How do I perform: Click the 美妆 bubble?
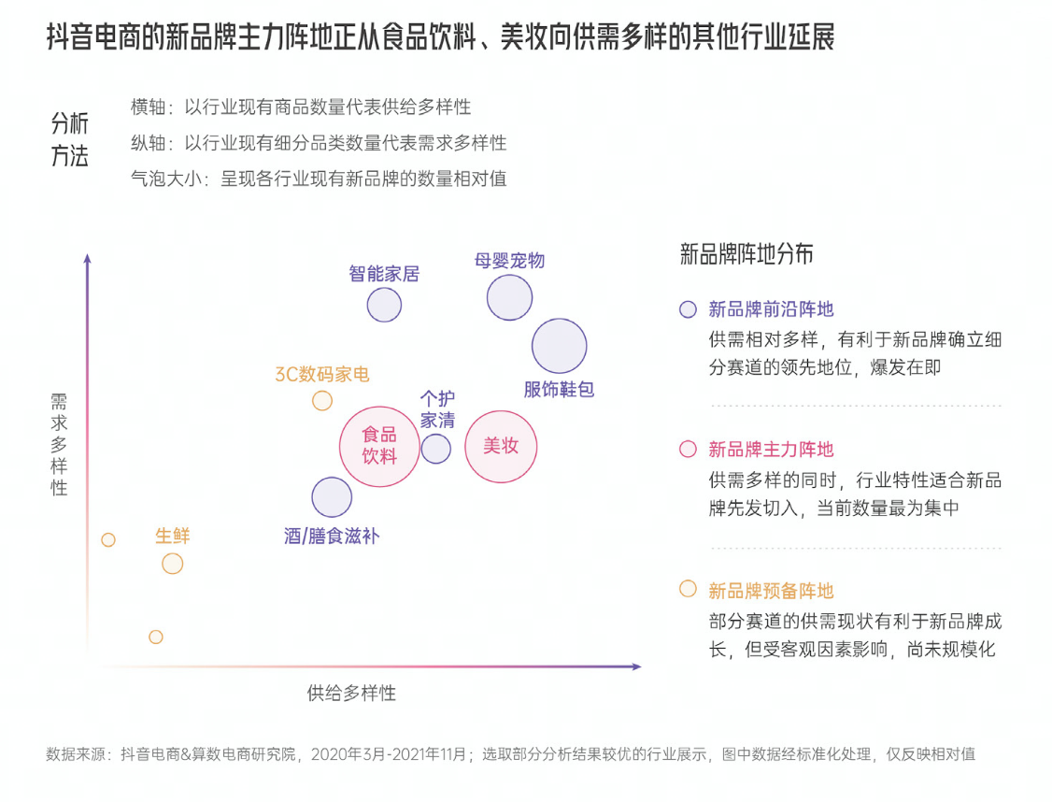coord(501,446)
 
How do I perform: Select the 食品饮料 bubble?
coord(379,446)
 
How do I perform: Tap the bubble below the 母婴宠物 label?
coord(509,297)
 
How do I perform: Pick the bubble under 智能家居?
coord(384,305)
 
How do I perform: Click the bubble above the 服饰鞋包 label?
coord(559,346)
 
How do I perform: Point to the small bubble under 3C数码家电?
coord(322,401)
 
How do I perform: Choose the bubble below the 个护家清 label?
coord(436,449)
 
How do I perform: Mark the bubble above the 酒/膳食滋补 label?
coord(332,497)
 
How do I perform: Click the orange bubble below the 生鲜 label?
coord(173,564)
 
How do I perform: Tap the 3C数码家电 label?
coord(322,374)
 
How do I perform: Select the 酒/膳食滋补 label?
coord(332,536)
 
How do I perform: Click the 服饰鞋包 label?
coord(559,389)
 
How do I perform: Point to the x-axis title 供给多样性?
coord(351,693)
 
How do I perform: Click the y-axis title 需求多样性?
coord(59,444)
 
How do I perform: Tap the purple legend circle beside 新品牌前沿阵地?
coord(688,309)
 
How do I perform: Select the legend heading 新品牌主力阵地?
coord(771,449)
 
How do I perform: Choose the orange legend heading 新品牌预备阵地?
coord(771,591)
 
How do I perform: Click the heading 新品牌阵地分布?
coord(746,253)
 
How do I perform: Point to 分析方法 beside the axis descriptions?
coord(70,139)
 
